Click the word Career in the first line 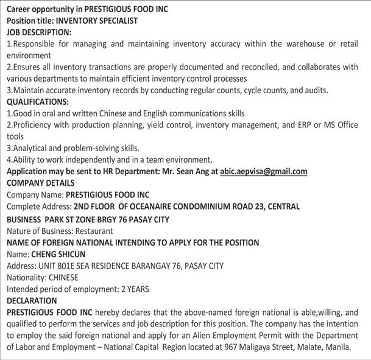point(21,9)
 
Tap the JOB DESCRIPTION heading point(39,32)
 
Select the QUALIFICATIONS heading point(38,102)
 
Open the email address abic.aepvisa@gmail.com point(264,172)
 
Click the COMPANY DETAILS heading point(41,183)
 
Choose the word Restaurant point(94,231)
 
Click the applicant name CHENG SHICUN point(58,254)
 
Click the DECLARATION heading point(32,300)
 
